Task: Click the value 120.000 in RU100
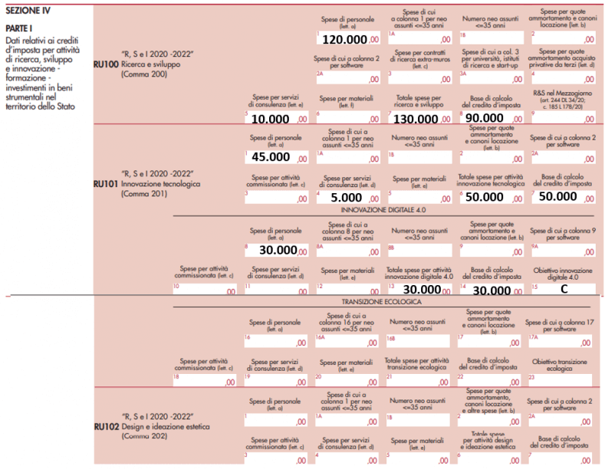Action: pyautogui.click(x=344, y=39)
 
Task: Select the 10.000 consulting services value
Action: pyautogui.click(x=271, y=119)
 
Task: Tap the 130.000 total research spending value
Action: pyautogui.click(x=416, y=119)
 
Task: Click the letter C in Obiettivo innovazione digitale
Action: pyautogui.click(x=564, y=290)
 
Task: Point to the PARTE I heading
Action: pyautogui.click(x=20, y=29)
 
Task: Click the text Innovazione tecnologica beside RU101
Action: pyautogui.click(x=160, y=184)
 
